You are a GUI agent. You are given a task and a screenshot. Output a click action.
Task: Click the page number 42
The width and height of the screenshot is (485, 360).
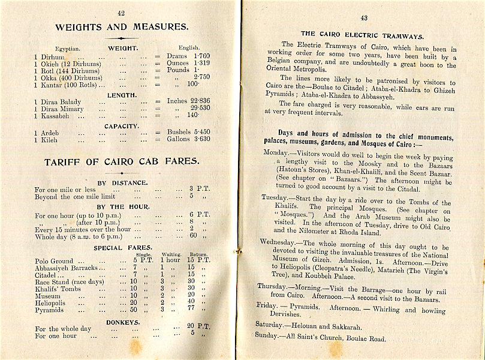121,13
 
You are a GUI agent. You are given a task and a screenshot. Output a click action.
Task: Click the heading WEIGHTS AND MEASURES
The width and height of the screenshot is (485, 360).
122,27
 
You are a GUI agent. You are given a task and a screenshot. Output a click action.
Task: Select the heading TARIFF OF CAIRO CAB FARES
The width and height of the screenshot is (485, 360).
121,161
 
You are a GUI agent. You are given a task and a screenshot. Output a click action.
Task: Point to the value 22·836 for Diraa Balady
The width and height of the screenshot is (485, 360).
198,101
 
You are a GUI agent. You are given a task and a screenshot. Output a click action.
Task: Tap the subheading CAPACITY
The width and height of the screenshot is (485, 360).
122,127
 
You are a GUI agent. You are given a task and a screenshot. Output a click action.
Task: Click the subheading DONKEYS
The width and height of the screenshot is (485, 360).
122,322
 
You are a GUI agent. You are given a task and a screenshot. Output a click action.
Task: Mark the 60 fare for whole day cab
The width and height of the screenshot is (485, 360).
193,235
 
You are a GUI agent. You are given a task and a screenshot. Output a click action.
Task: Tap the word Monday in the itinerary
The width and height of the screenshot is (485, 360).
275,152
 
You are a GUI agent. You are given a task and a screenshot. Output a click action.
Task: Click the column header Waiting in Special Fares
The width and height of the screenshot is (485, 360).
170,254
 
